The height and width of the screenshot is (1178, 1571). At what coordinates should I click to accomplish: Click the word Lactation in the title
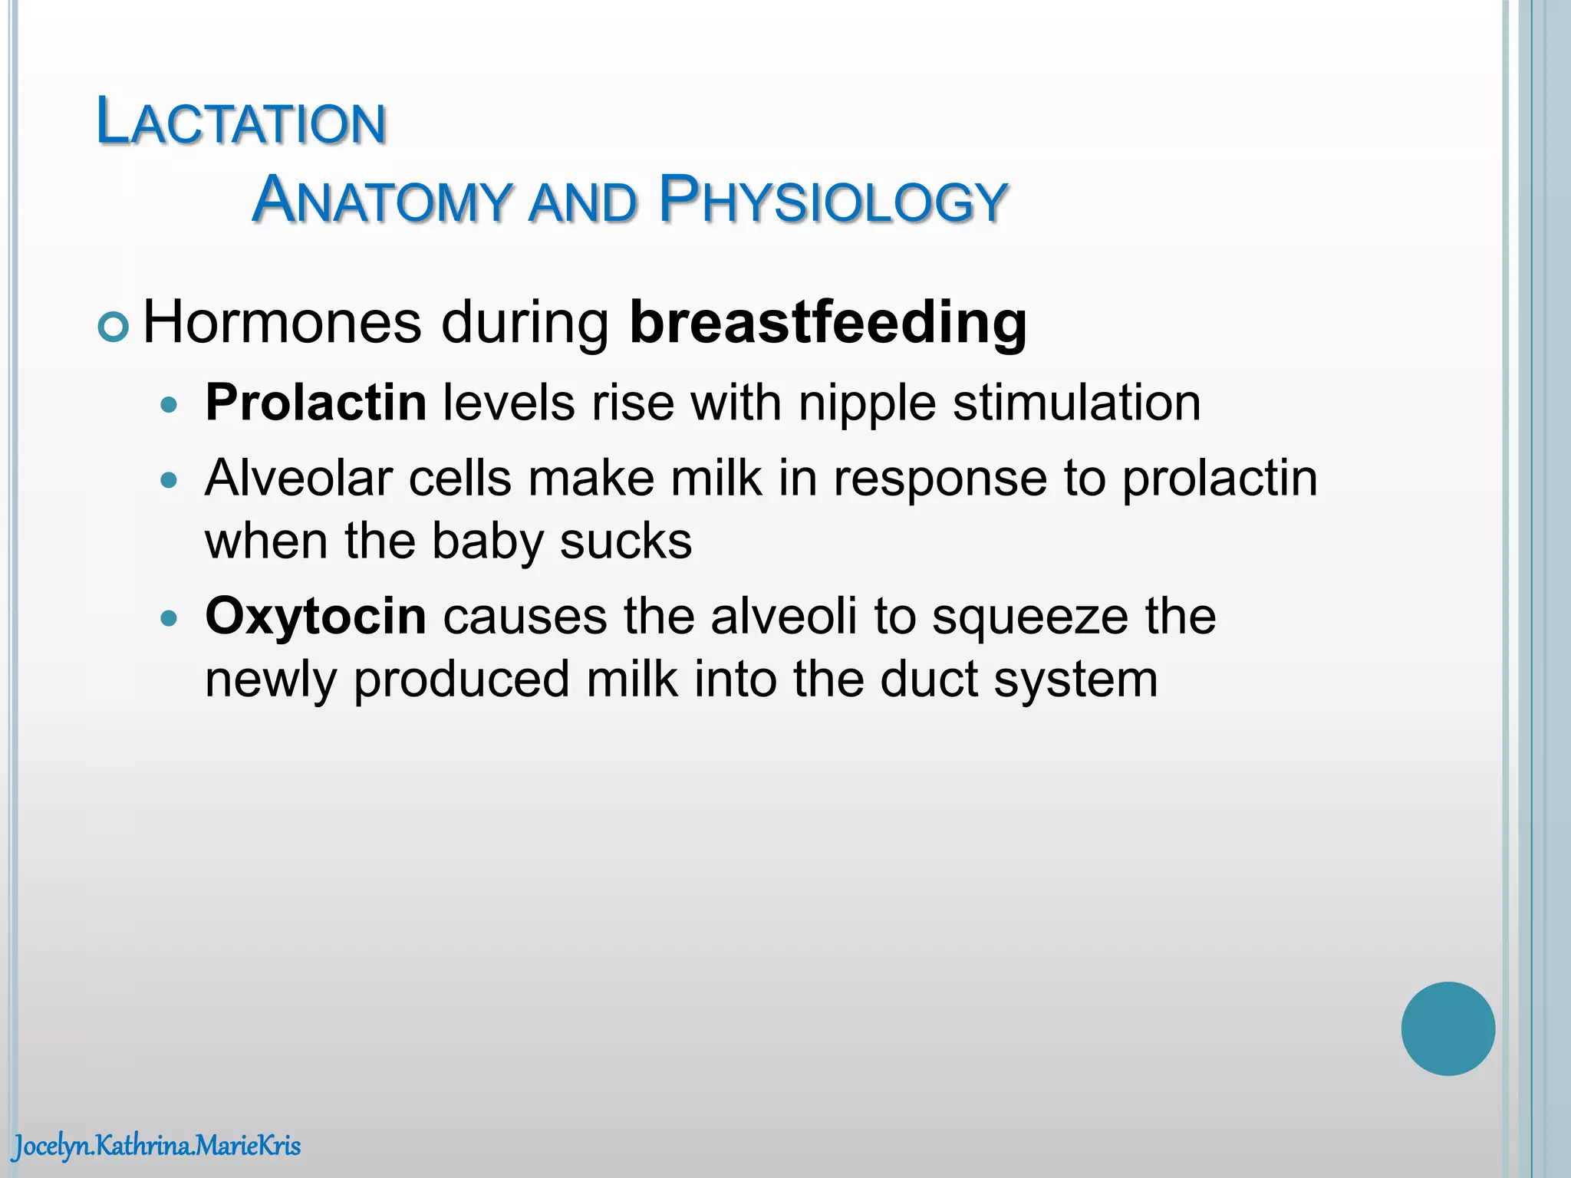tap(241, 123)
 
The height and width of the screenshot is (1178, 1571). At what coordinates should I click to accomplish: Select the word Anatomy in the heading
tap(380, 201)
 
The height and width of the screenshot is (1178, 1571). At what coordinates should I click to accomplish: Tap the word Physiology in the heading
tap(832, 201)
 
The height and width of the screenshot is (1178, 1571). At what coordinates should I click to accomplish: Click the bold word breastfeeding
tap(828, 323)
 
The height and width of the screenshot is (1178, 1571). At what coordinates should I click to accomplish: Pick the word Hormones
tap(282, 323)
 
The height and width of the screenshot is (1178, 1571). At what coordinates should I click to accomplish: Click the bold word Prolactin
tap(315, 403)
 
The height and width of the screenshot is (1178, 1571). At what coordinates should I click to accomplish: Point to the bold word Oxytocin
tap(315, 617)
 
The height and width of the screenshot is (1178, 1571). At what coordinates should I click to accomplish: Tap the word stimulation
tap(1076, 403)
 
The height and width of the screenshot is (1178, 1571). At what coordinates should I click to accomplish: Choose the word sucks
tap(625, 541)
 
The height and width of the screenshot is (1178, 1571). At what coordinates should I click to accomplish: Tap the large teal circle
tap(1447, 1028)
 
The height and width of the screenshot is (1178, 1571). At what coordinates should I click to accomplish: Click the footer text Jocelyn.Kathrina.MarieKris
tap(156, 1147)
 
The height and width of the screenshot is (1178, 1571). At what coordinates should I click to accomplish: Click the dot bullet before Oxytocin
tap(170, 617)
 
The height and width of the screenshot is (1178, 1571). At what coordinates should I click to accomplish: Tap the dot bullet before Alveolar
tap(170, 481)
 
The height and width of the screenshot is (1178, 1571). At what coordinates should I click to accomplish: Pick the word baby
tap(487, 541)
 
